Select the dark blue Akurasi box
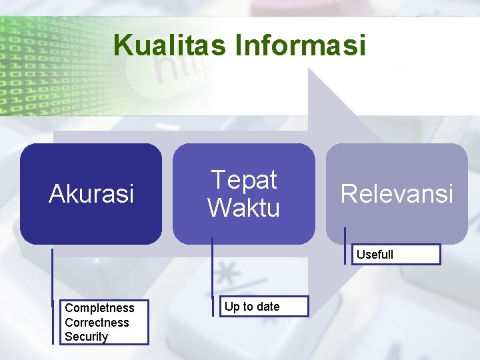coord(91,194)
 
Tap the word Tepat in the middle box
coord(243,180)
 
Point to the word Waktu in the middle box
coord(243,208)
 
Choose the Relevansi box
coord(397,194)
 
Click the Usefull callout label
coord(375,255)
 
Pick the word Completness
coord(99,308)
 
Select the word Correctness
coord(97,323)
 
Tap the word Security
coord(86,337)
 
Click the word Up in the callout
coord(232,307)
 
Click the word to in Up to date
coord(248,307)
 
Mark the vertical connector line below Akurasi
coord(53,293)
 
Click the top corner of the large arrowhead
coord(309,69)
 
